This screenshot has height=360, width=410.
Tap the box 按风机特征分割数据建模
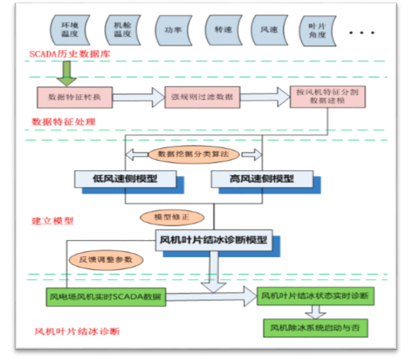click(x=327, y=96)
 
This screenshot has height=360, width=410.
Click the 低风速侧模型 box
click(x=125, y=179)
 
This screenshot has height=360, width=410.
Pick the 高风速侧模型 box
click(x=252, y=179)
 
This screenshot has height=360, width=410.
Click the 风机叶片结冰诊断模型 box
click(x=213, y=240)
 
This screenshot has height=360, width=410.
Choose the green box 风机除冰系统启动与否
click(x=314, y=328)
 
